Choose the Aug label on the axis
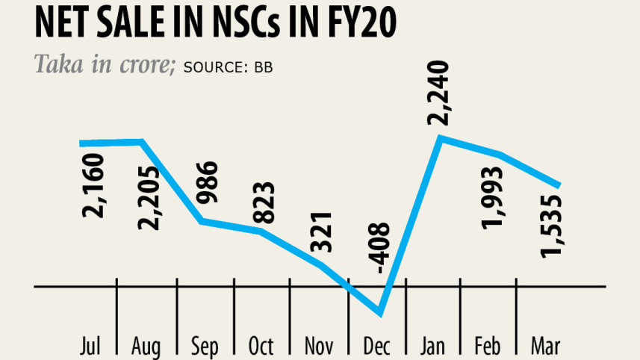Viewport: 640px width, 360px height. (146, 347)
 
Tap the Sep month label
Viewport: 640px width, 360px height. (205, 347)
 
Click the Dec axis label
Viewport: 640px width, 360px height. (377, 347)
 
